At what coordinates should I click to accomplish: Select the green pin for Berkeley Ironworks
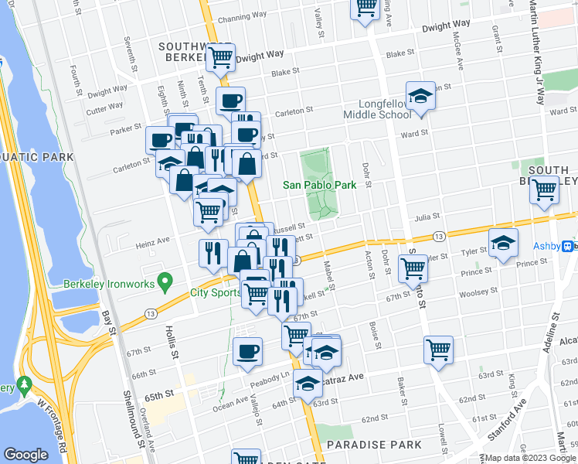click(164, 281)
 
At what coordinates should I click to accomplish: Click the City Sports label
click(216, 293)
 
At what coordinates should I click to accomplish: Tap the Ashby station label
click(546, 247)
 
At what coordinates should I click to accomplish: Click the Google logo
click(26, 455)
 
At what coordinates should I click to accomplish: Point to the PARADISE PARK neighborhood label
click(374, 445)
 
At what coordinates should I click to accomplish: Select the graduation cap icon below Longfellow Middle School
click(420, 96)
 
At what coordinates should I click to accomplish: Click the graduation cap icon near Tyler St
click(503, 242)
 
